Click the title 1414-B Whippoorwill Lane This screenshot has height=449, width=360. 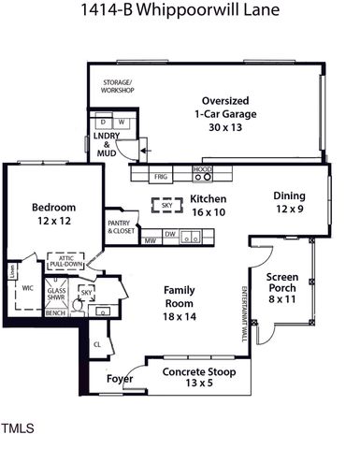click(180, 13)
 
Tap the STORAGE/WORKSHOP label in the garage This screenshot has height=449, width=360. click(119, 86)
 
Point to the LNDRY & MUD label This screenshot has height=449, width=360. click(107, 145)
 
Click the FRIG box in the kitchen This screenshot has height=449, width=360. click(160, 175)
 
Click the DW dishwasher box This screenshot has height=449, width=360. click(170, 236)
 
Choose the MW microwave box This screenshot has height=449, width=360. click(150, 240)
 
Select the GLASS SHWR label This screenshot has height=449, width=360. click(56, 295)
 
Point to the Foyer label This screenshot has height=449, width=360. click(117, 379)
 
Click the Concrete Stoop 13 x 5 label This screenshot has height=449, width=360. click(197, 377)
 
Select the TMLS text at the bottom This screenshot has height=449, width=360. click(18, 428)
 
